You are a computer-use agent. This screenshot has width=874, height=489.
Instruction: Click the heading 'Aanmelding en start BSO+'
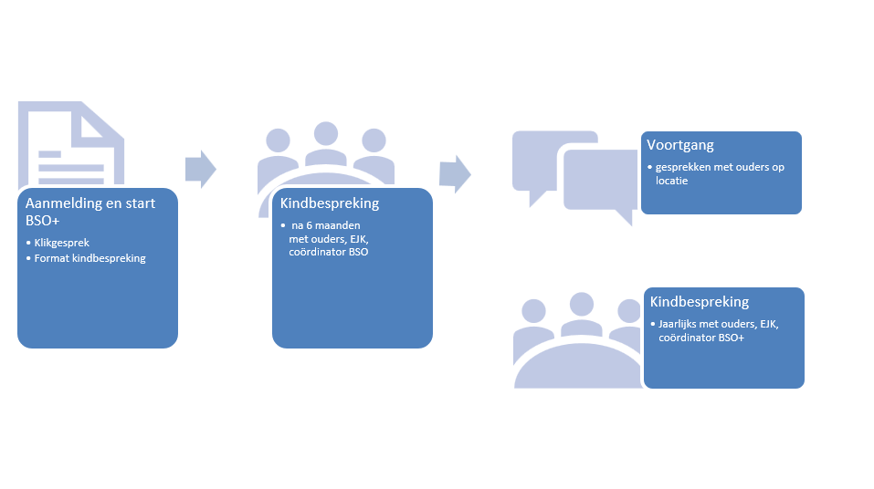click(90, 212)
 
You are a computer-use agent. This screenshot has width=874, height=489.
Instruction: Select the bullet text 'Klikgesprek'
click(62, 243)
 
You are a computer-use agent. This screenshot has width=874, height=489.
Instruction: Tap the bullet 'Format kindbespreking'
click(90, 258)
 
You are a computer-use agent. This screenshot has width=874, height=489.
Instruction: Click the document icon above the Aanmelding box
click(71, 144)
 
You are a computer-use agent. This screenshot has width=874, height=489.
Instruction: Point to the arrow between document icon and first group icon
click(201, 169)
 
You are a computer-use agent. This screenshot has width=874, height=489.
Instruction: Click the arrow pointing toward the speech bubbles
click(456, 174)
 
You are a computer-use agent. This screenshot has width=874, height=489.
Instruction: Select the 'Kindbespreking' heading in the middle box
click(330, 203)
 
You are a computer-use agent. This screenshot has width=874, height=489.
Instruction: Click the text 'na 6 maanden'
click(325, 225)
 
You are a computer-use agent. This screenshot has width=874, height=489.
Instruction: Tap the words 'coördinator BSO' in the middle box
click(328, 252)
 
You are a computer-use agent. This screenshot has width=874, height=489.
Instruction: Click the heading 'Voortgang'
click(680, 145)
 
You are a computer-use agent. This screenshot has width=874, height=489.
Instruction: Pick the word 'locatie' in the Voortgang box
click(671, 181)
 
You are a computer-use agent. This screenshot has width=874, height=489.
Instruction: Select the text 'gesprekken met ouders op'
click(720, 167)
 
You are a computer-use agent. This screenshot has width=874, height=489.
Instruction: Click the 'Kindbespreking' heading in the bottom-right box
click(699, 302)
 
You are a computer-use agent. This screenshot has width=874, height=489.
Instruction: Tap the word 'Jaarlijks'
click(677, 324)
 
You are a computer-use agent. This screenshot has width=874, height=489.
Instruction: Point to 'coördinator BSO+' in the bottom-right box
click(701, 338)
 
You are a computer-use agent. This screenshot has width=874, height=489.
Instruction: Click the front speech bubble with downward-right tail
click(601, 181)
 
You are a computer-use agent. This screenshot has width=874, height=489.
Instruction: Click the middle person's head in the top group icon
click(326, 134)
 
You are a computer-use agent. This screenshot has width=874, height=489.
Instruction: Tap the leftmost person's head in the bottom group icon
click(533, 311)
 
